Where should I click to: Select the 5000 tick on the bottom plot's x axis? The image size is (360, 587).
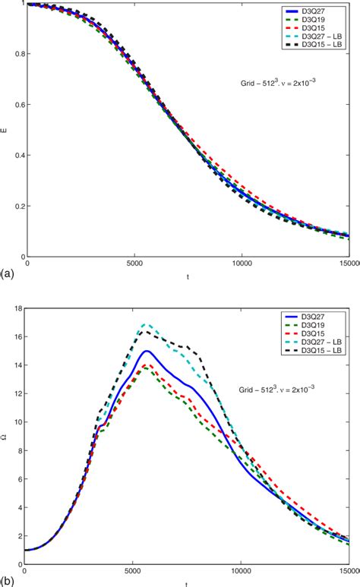[x=133, y=571]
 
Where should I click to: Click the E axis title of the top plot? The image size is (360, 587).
[x=5, y=130]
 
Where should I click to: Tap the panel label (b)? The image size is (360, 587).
[x=7, y=579]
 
